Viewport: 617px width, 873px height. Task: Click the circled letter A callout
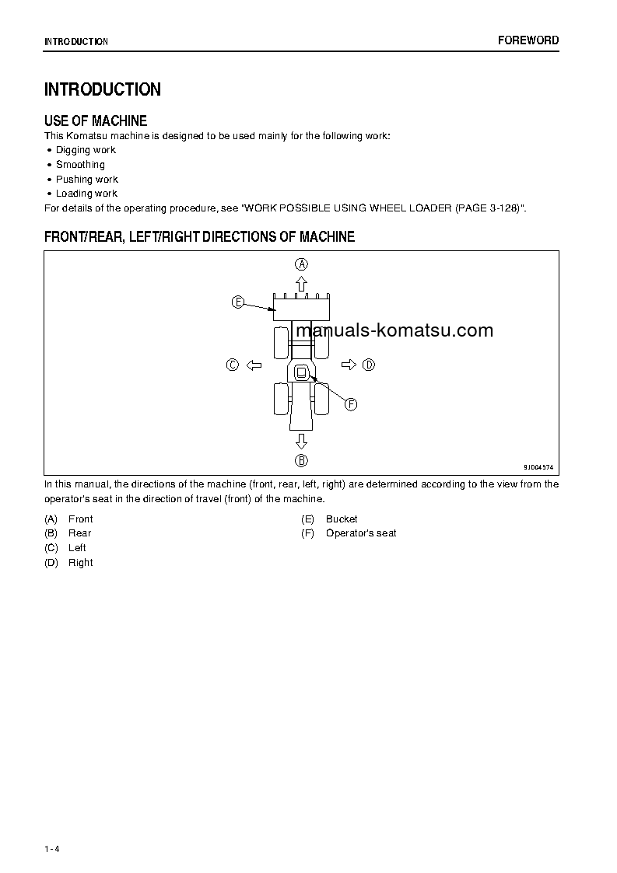coord(301,264)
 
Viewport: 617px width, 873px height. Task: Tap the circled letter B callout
coord(301,460)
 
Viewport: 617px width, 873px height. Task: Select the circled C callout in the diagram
coord(232,365)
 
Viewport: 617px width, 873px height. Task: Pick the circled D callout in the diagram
coord(369,365)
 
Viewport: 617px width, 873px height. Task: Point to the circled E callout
coord(238,302)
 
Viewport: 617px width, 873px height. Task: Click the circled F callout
coord(351,404)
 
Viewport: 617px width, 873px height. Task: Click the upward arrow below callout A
coord(301,283)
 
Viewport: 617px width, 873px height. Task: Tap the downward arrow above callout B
coord(301,442)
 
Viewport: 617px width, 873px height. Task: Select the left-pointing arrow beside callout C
coord(253,365)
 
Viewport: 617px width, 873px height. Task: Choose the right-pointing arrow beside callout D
coord(349,365)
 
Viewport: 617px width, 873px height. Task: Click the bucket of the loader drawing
coord(301,309)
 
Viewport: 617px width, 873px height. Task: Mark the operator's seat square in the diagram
coord(301,373)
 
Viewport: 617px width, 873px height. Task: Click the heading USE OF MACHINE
coord(96,120)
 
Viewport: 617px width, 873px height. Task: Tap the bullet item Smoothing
coord(80,165)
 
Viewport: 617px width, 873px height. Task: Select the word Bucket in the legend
coord(342,519)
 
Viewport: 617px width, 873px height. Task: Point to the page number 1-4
coord(52,848)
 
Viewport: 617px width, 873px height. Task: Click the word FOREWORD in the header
coord(528,40)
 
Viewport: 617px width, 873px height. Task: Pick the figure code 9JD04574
coord(538,467)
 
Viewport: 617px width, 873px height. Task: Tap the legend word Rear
coord(79,533)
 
